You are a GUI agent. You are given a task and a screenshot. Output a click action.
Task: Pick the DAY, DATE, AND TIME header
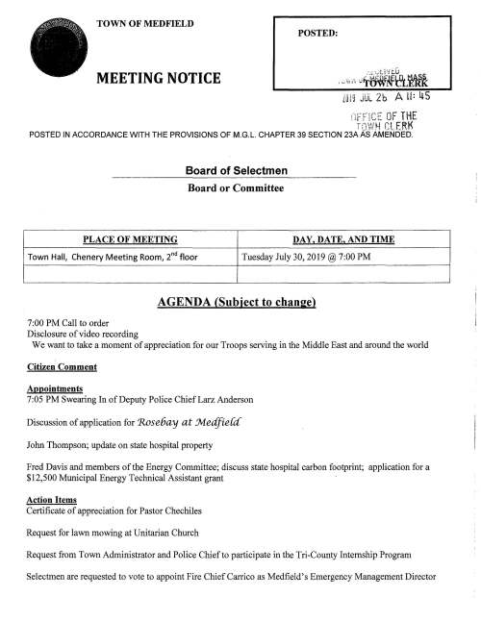pos(343,238)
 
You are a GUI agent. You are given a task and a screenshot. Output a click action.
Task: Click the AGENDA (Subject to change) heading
pos(238,303)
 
